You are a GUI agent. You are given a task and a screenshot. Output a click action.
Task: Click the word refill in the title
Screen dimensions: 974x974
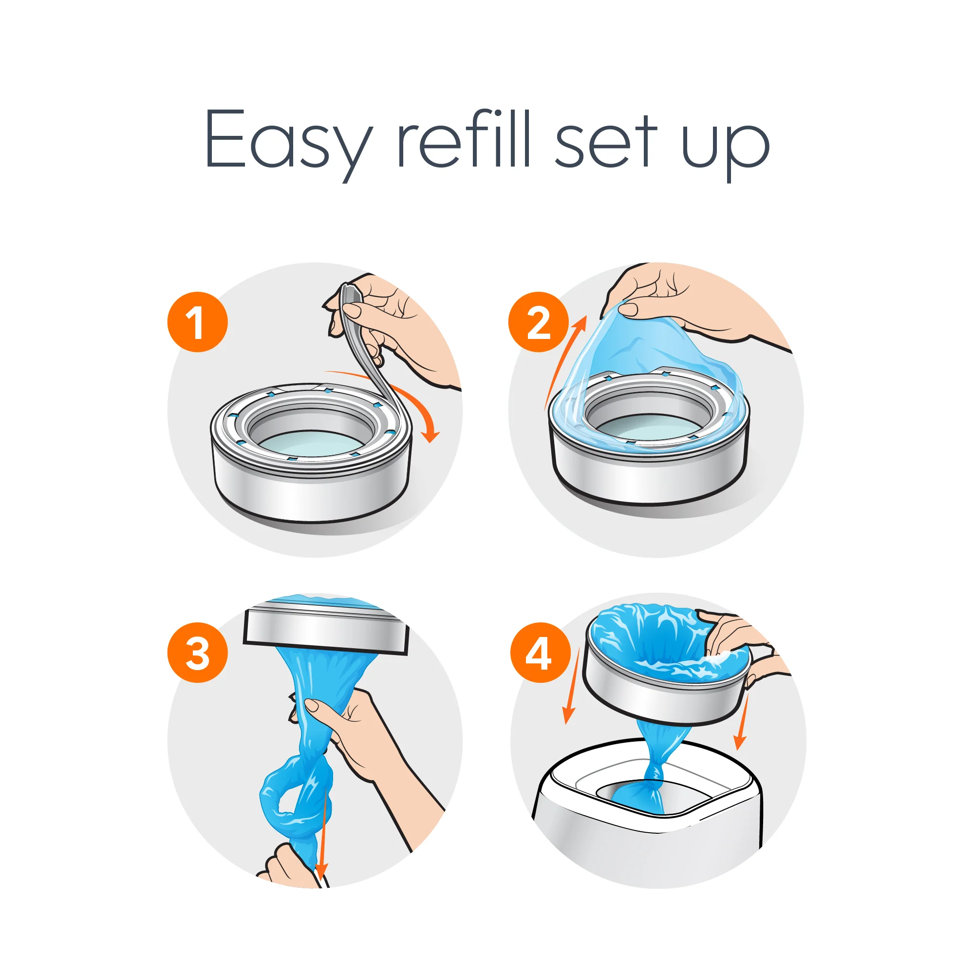coord(464,139)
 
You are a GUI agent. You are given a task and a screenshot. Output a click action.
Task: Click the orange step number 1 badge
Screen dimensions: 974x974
coord(197,321)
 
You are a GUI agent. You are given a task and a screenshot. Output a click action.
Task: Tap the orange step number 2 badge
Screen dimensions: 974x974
coord(538,321)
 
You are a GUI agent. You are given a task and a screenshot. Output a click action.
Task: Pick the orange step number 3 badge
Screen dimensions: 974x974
coord(197,653)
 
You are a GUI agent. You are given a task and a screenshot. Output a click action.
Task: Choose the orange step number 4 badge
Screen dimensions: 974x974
coord(540,653)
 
